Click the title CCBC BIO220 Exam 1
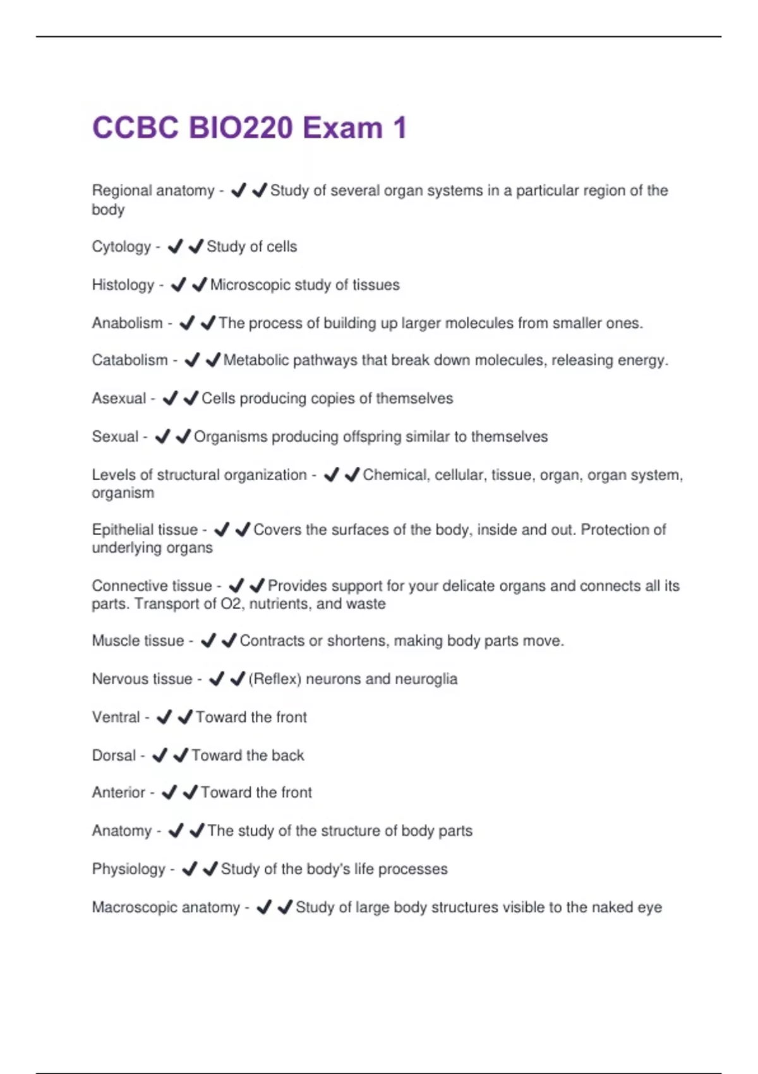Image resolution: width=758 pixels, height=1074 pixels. tap(250, 128)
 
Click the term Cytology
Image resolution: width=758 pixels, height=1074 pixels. tap(121, 246)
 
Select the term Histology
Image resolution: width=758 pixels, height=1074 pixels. tap(123, 285)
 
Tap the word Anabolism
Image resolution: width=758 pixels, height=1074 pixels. tap(127, 323)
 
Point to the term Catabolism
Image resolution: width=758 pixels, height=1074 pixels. tap(129, 360)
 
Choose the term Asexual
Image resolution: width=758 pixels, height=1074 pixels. tap(119, 398)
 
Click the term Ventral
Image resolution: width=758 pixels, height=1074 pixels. tap(116, 717)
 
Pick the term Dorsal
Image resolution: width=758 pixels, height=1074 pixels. tap(114, 755)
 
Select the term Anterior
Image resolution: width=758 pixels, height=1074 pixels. tap(118, 792)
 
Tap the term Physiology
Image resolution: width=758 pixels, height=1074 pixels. tap(128, 869)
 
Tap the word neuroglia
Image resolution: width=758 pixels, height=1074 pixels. tap(425, 679)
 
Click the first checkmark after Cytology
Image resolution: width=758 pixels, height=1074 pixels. tap(175, 246)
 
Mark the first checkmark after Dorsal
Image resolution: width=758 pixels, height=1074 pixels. tap(160, 755)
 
